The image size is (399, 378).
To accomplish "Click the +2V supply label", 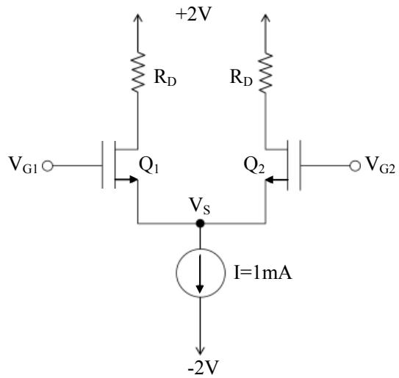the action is point(194,15).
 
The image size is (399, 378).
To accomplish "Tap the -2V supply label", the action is point(204,367).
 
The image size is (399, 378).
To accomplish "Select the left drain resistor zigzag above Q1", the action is point(138,72).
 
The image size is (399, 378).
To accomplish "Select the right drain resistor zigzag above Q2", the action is point(266,73).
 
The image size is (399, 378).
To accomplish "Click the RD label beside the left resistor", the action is point(165,78).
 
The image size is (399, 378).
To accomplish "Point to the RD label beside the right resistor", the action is point(241,77).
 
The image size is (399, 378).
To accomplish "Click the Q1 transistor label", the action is point(149,165).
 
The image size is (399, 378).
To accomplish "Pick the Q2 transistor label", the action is point(254,165).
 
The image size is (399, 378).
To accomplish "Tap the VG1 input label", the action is point(24,165).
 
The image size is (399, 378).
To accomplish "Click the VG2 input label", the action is point(380,165).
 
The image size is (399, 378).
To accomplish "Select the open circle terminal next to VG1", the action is point(48,167).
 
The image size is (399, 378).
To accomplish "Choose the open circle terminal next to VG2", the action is point(355,166).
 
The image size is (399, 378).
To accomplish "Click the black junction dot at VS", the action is point(201,223).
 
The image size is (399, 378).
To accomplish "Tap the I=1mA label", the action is point(262,274).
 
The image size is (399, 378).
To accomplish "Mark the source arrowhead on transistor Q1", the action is point(133,179).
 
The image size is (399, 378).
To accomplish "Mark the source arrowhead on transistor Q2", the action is point(270,180).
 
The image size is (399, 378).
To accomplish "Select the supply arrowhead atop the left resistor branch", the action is point(138,18).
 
